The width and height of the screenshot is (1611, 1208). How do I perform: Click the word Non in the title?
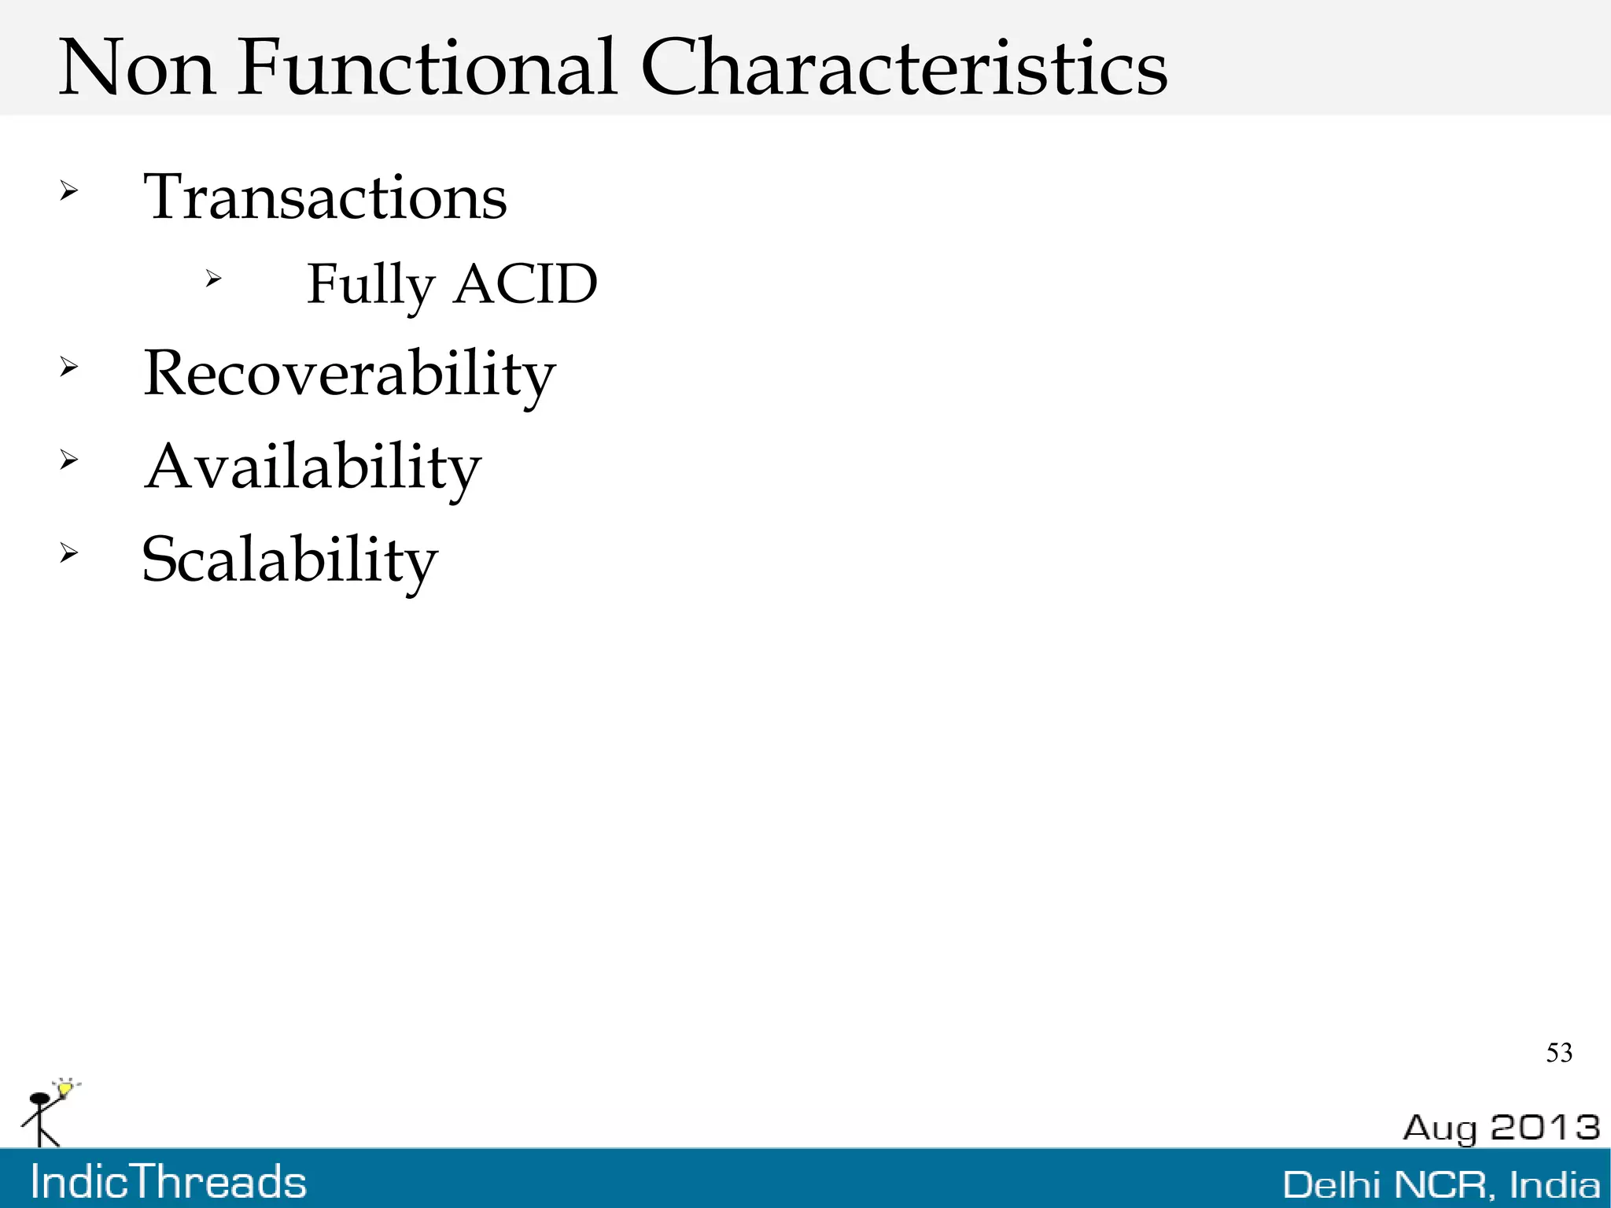(x=137, y=68)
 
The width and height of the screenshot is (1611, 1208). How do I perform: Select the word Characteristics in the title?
(x=904, y=68)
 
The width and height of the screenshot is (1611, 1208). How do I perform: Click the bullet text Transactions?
(x=325, y=197)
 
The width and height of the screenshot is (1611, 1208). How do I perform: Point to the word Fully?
(x=370, y=285)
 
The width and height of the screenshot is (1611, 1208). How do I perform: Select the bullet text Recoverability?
(x=349, y=375)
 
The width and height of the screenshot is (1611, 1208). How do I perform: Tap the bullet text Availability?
(x=312, y=467)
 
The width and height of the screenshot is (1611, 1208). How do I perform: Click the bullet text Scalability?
(x=289, y=560)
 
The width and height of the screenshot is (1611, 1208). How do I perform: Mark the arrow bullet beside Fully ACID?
(x=213, y=278)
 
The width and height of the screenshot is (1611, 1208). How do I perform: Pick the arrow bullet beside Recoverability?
(x=69, y=366)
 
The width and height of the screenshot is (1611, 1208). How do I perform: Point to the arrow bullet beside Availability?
(x=69, y=460)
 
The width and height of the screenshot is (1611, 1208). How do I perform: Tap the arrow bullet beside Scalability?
(x=69, y=553)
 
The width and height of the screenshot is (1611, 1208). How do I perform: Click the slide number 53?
(x=1559, y=1053)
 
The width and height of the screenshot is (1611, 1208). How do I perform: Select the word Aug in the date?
(x=1440, y=1129)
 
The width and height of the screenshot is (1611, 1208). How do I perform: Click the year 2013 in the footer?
(x=1545, y=1127)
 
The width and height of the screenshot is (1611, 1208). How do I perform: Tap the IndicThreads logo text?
(x=168, y=1182)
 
